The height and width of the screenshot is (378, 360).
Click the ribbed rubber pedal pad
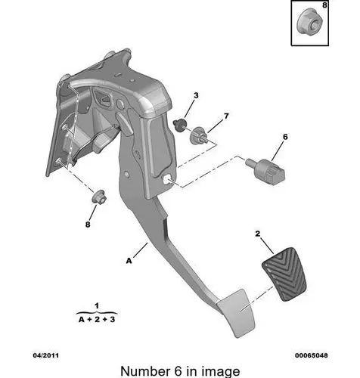click(284, 274)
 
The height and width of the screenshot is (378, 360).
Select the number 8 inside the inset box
click(324, 5)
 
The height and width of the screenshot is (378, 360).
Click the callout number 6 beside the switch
click(285, 137)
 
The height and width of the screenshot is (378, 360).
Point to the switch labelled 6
click(265, 170)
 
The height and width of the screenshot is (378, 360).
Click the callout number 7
click(226, 116)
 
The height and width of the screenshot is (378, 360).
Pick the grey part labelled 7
click(199, 135)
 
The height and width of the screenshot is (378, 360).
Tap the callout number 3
click(196, 95)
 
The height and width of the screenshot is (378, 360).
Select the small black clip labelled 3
click(180, 125)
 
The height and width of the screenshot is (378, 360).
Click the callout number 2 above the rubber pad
click(257, 234)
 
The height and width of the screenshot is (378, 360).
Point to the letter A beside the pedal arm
click(129, 261)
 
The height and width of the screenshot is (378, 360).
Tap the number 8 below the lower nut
click(88, 225)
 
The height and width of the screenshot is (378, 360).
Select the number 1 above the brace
click(97, 306)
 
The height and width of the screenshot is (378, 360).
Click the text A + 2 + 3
click(97, 319)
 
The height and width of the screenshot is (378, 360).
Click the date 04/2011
click(46, 355)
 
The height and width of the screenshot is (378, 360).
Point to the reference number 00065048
click(312, 355)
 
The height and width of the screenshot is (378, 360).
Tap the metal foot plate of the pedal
click(237, 313)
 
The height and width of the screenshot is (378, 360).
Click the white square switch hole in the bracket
click(166, 179)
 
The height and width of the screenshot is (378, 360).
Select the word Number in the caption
click(145, 371)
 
